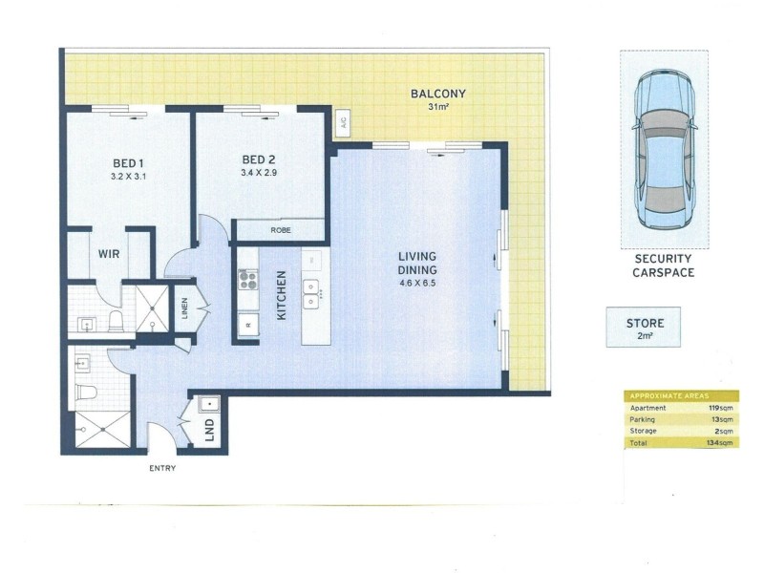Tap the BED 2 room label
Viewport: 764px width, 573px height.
tap(259, 159)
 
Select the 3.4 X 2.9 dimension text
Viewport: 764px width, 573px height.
tap(259, 174)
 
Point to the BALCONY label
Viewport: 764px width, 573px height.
tap(437, 94)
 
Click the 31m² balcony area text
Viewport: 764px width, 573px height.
tap(437, 107)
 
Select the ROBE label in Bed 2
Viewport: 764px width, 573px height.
tap(281, 231)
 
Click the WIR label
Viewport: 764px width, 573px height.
tap(108, 255)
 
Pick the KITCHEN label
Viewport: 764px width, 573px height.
tap(282, 295)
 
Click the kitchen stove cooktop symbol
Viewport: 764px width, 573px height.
tap(248, 280)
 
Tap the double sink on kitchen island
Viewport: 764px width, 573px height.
tap(312, 294)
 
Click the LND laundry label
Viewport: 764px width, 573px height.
tap(210, 432)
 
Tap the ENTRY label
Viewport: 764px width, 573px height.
tap(161, 468)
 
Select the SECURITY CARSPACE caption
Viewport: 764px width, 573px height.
tap(664, 265)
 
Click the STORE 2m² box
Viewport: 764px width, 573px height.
tap(644, 328)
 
